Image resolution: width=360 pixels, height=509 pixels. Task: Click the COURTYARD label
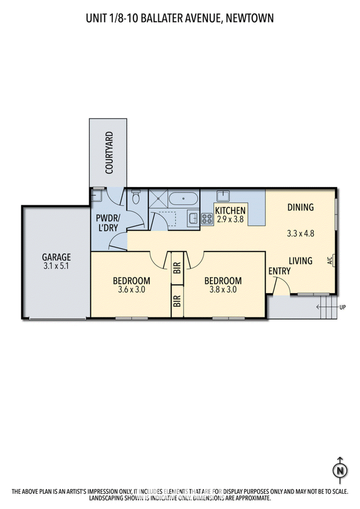click(109, 153)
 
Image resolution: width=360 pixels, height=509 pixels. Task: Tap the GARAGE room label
click(56, 257)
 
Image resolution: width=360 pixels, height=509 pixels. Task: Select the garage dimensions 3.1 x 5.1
click(56, 266)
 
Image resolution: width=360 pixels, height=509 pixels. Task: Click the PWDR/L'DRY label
click(107, 223)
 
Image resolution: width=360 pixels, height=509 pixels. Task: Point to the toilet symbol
click(136, 197)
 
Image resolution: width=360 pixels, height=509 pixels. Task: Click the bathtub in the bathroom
click(183, 199)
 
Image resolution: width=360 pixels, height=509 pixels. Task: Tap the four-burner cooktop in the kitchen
click(207, 219)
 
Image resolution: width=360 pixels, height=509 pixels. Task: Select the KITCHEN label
click(230, 211)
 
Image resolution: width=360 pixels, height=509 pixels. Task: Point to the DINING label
click(301, 207)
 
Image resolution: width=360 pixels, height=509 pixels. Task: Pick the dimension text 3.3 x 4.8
click(301, 234)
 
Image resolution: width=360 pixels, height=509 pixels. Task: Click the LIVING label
click(301, 261)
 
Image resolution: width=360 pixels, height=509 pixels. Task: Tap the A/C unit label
click(330, 261)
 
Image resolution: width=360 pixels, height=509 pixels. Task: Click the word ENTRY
click(280, 271)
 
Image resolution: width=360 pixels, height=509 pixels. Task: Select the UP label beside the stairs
click(343, 307)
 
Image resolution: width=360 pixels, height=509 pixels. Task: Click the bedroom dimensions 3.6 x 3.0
click(131, 289)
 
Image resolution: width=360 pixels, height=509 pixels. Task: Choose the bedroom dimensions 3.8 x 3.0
click(223, 289)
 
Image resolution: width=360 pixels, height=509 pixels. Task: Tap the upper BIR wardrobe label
click(177, 268)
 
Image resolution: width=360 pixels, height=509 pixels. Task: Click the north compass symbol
click(340, 470)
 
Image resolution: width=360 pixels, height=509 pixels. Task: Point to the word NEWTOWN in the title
click(250, 18)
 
